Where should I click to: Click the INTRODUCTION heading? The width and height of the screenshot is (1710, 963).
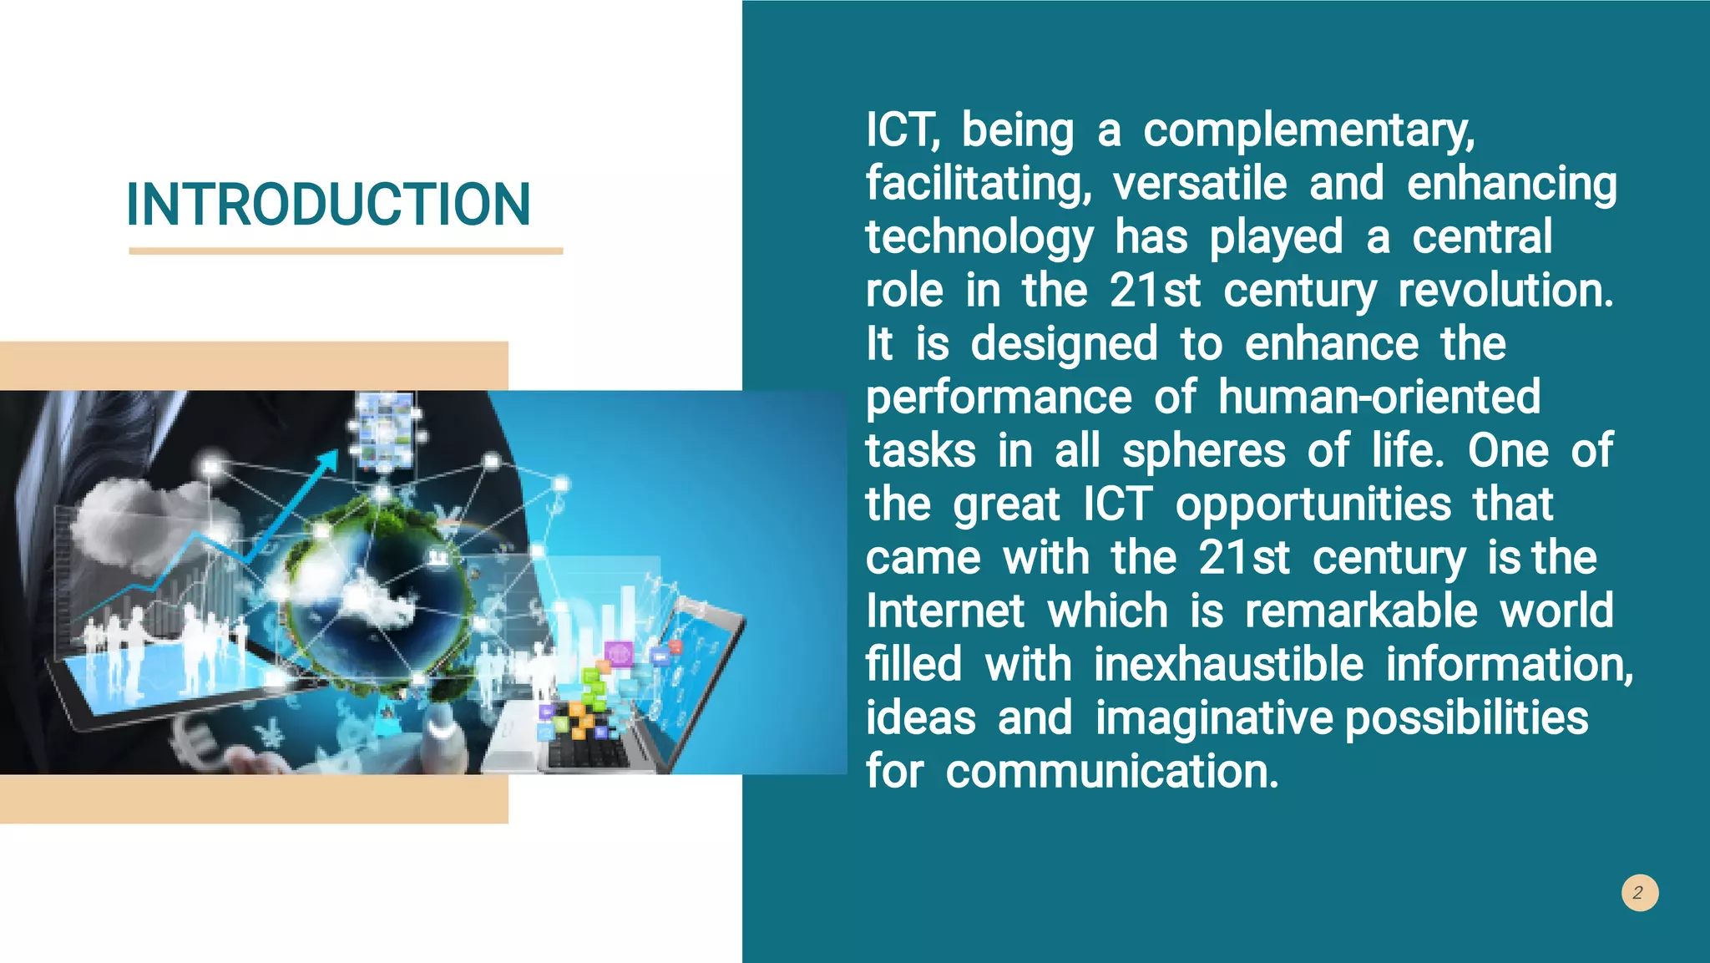point(328,205)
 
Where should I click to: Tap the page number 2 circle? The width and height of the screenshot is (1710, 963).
point(1639,892)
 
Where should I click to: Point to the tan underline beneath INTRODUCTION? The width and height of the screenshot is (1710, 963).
point(346,251)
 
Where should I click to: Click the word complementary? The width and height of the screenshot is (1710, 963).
point(1308,132)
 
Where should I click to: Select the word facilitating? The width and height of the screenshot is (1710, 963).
point(978,185)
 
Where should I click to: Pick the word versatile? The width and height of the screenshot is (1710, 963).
point(1200,184)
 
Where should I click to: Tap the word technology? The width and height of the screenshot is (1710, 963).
point(979,239)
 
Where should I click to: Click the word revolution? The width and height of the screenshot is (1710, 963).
point(1505,291)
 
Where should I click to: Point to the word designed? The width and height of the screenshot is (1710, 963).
point(1064,345)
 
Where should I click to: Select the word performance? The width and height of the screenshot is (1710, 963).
point(999,398)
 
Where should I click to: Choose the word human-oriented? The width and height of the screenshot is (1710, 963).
point(1379,397)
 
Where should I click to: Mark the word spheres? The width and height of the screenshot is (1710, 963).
point(1203,452)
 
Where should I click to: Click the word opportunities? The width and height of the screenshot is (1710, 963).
point(1313,505)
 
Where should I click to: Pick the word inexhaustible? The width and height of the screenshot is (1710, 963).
point(1228,665)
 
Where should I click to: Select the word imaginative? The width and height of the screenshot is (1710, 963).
point(1214,718)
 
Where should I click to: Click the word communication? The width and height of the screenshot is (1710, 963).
point(1111,771)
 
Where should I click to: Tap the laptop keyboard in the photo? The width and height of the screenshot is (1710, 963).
point(584,748)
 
